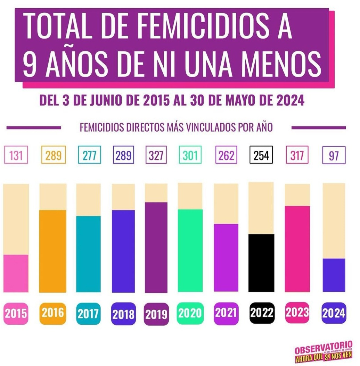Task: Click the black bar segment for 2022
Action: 261,263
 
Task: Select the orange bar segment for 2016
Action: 52,251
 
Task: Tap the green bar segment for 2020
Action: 190,250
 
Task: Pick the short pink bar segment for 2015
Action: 16,273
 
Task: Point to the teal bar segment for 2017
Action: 88,254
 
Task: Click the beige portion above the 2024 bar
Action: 334,221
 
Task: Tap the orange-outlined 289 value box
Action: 53,155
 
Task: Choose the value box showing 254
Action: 261,155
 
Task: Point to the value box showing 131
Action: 16,155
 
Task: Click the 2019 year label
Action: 156,314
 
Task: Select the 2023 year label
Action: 297,313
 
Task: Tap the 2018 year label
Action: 123,314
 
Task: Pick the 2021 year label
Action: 226,313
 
